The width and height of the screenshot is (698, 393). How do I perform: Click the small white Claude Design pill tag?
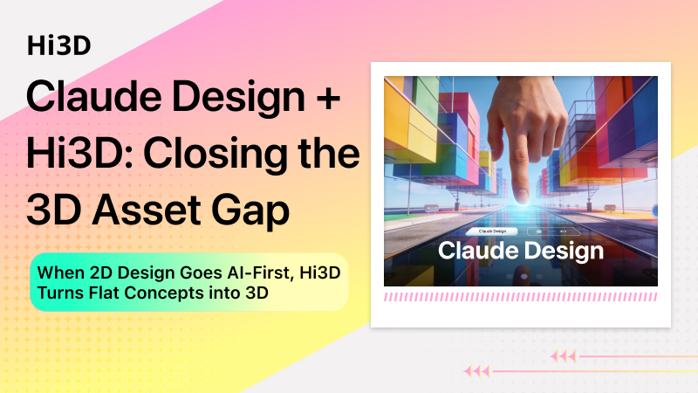(493, 231)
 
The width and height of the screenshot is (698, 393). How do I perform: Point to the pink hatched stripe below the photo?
(520, 298)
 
